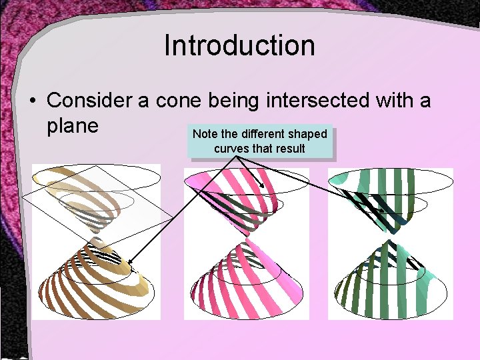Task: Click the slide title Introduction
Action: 239,46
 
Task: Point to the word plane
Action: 73,125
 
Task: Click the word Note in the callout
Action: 205,134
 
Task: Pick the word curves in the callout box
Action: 231,148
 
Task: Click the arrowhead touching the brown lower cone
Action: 131,263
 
